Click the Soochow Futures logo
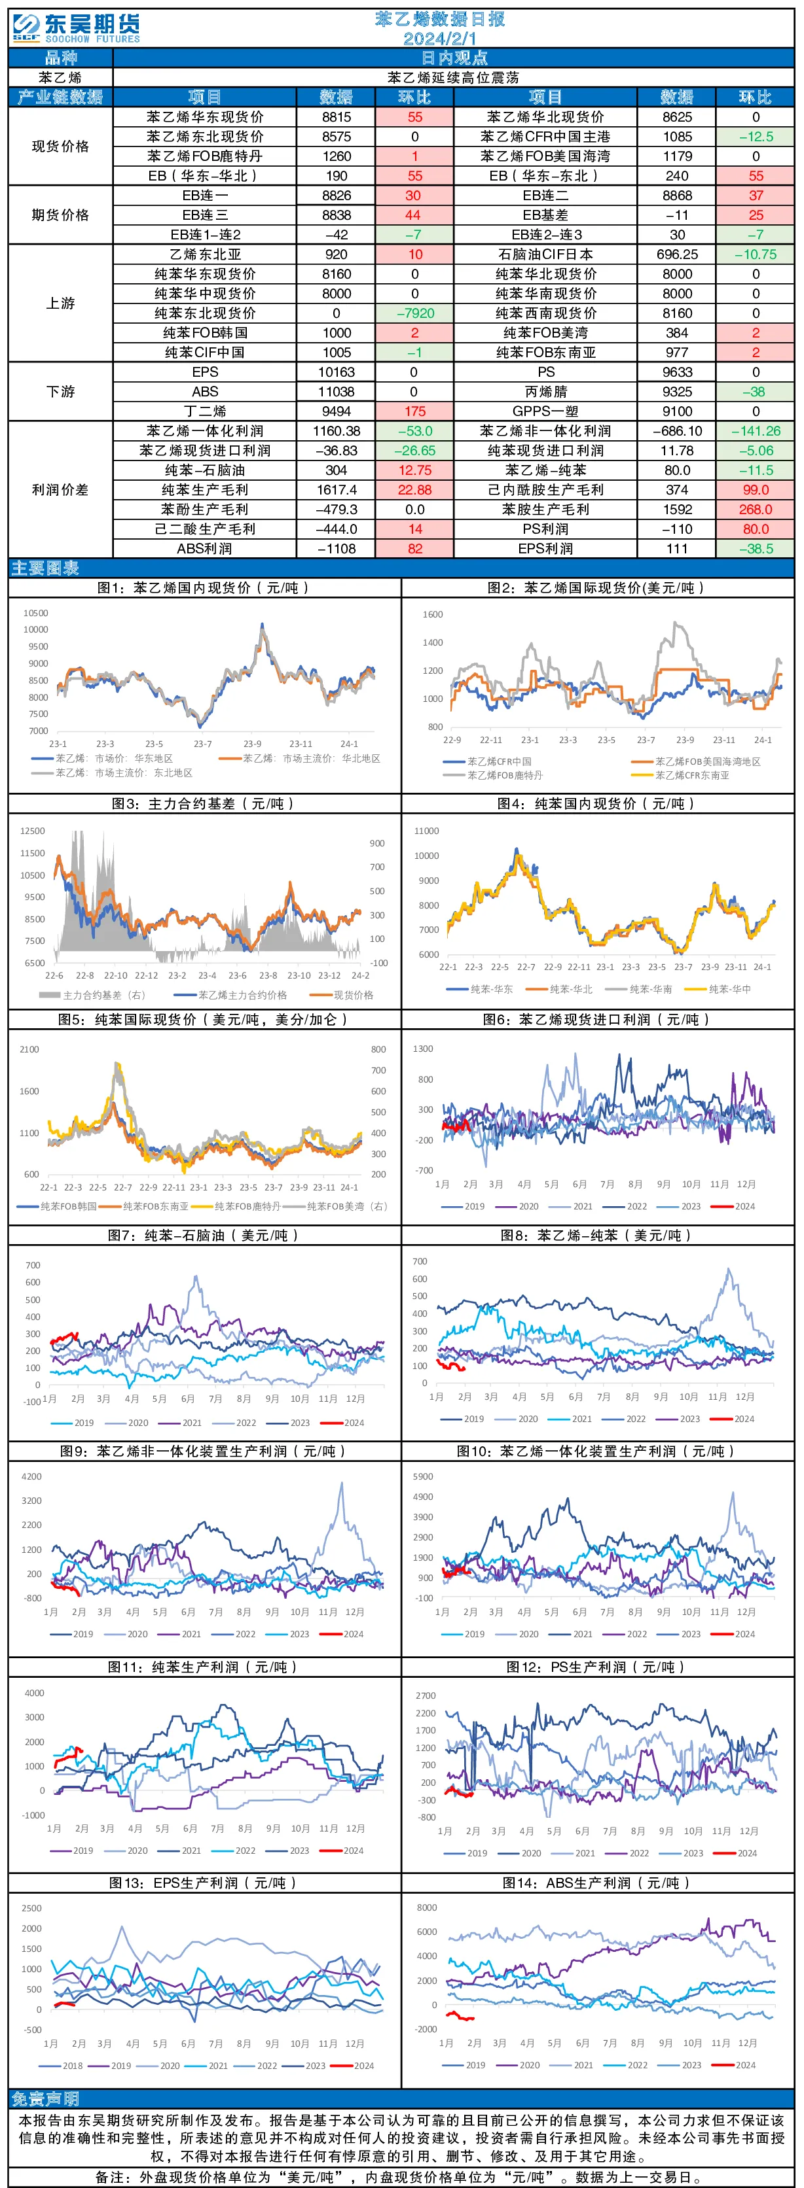pyautogui.click(x=76, y=27)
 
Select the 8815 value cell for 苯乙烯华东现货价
pyautogui.click(x=337, y=117)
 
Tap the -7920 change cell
pyautogui.click(x=414, y=313)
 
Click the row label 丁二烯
pyautogui.click(x=205, y=411)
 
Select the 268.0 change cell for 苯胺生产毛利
pyautogui.click(x=756, y=510)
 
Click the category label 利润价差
pyautogui.click(x=60, y=490)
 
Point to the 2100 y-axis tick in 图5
pyautogui.click(x=29, y=1050)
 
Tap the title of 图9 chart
pyautogui.click(x=204, y=1451)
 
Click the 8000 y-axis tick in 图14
pyautogui.click(x=427, y=1907)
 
